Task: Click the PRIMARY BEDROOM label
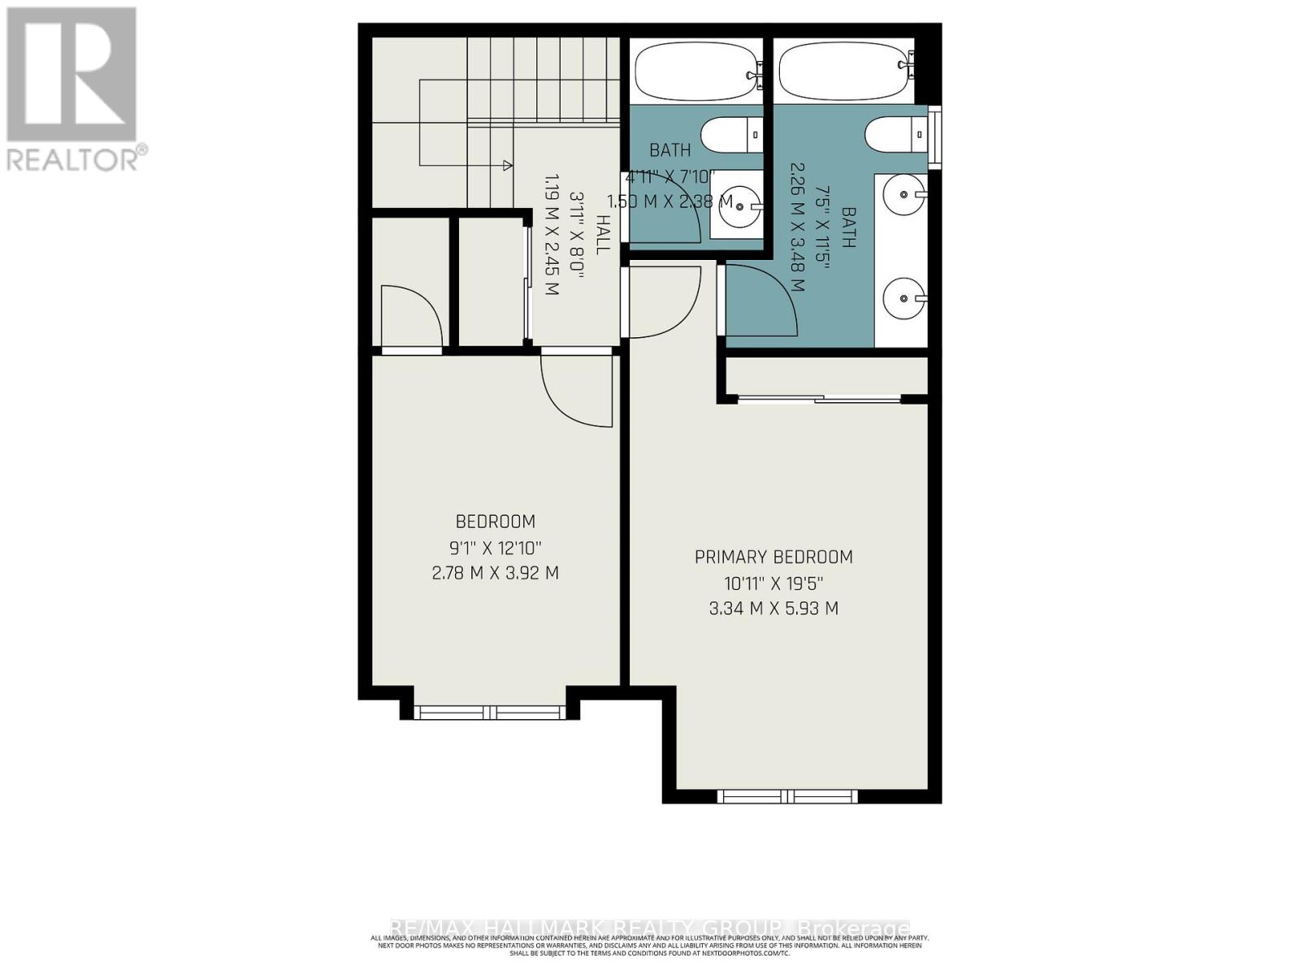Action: (773, 557)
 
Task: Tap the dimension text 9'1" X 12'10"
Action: (495, 548)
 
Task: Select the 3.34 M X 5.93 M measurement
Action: (773, 608)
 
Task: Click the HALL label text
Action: (602, 234)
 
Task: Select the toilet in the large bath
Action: (894, 134)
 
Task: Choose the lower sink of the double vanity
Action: (903, 298)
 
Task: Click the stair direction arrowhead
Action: (508, 166)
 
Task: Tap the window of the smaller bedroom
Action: (490, 713)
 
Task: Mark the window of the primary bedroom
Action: (787, 796)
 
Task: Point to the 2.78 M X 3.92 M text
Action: (495, 573)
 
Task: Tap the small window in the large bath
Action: (935, 136)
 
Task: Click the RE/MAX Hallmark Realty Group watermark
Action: (650, 928)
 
